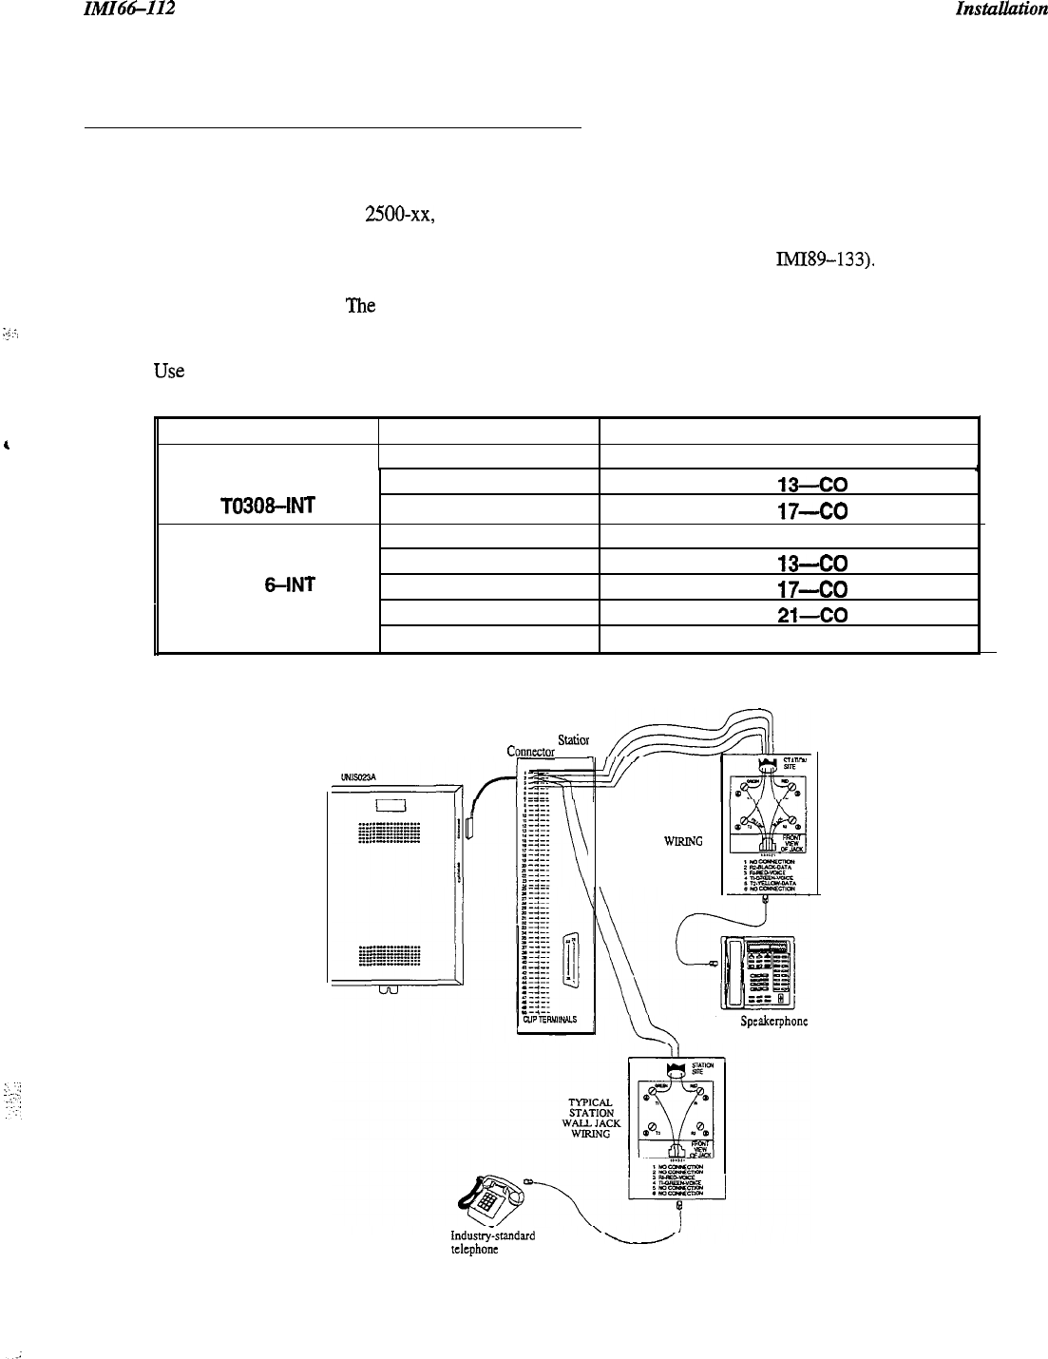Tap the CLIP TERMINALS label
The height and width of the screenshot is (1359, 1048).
click(x=553, y=1020)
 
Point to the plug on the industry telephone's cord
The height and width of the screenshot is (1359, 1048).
click(x=528, y=1182)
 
